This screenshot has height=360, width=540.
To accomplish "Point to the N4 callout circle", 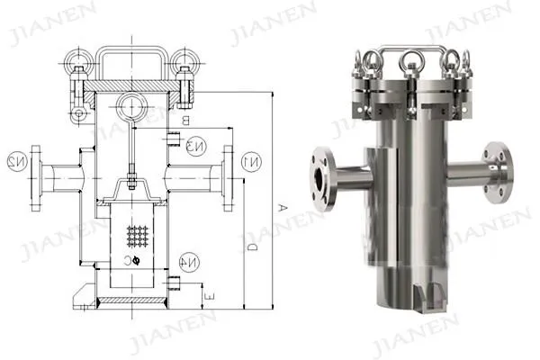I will (x=190, y=264).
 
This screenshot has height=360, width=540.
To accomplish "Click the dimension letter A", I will (x=282, y=208).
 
